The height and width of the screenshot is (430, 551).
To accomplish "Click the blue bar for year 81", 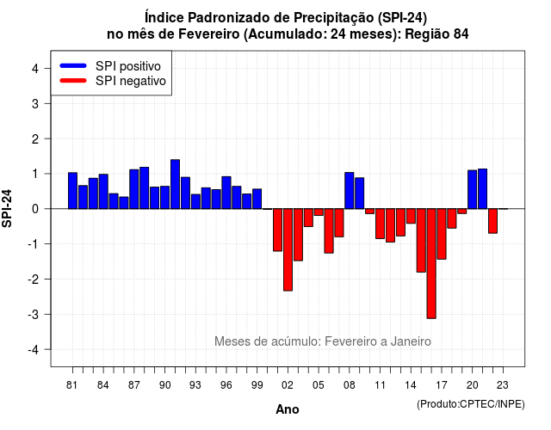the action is click(x=72, y=191).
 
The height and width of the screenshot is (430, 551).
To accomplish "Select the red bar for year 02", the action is click(x=288, y=249).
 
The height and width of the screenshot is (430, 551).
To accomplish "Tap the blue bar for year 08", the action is click(x=350, y=191).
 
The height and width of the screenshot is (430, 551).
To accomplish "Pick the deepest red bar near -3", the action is click(x=431, y=264).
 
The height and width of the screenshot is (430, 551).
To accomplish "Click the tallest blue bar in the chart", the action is click(x=175, y=184).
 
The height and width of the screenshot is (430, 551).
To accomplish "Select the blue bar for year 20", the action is click(x=473, y=189).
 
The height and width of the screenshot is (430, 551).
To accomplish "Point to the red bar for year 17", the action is click(x=442, y=234).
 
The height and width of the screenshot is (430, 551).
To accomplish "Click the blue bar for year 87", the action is click(x=134, y=189).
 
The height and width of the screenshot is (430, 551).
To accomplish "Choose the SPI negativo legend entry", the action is click(x=113, y=81).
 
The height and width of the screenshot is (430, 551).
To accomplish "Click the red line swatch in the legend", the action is click(x=73, y=81).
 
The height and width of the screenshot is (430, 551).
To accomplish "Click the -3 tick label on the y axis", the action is click(x=34, y=314).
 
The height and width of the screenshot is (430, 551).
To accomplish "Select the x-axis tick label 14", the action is click(x=411, y=385).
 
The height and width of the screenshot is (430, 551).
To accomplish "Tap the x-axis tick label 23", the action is click(x=503, y=385).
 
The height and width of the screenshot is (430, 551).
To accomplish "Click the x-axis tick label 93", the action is click(x=195, y=385).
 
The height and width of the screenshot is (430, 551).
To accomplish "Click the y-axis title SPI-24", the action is click(x=7, y=208).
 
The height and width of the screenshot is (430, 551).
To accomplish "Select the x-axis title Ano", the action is click(x=288, y=409).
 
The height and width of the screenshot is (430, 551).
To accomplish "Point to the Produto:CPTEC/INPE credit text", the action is click(x=471, y=404).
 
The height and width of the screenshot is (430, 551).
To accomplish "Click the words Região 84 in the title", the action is click(x=436, y=34).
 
